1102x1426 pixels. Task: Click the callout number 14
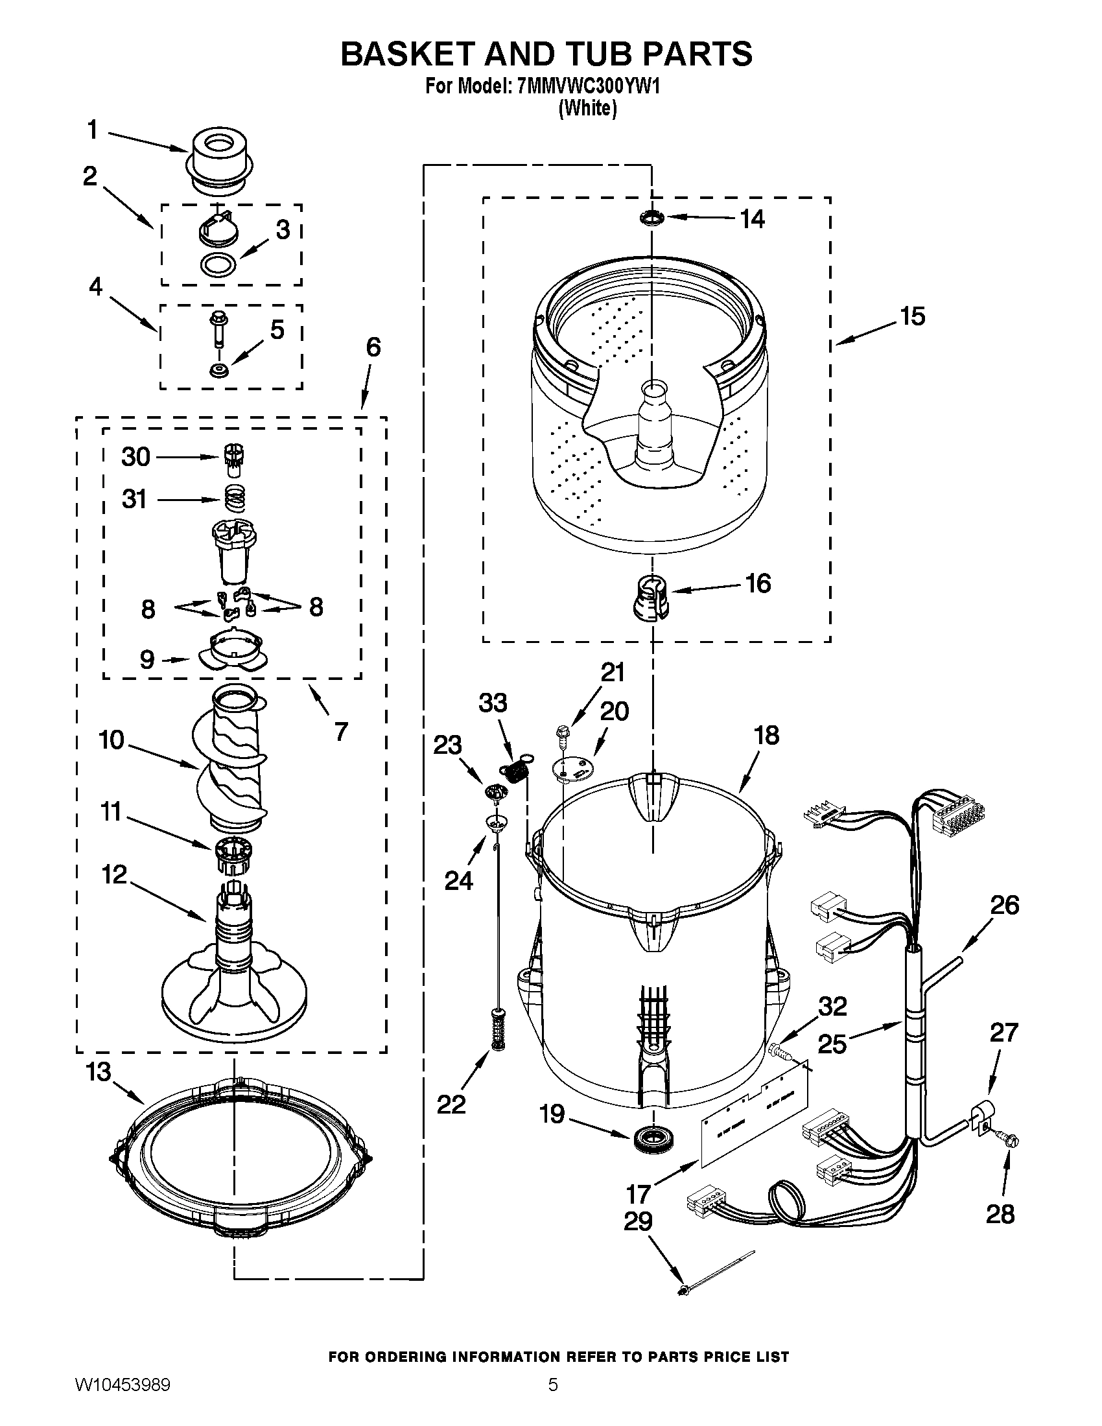(x=752, y=218)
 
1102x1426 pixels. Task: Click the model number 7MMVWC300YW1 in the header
(x=587, y=86)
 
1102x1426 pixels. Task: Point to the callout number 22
(x=451, y=1104)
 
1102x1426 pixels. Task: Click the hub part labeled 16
(x=650, y=596)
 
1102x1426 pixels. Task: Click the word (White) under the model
(x=587, y=108)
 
